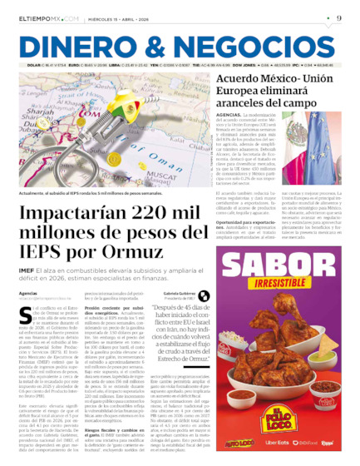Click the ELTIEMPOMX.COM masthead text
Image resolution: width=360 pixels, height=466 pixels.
coord(47,17)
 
